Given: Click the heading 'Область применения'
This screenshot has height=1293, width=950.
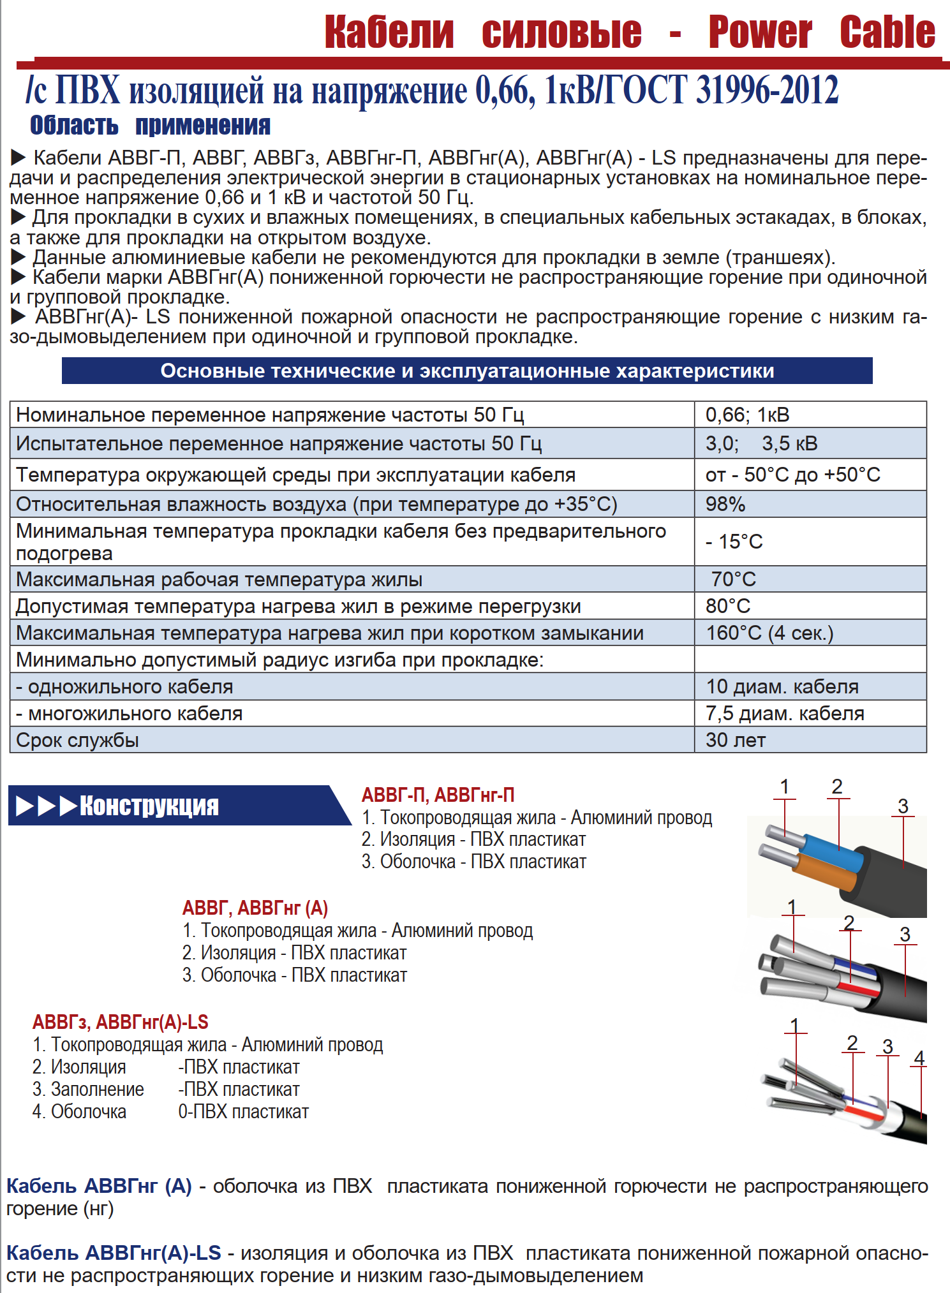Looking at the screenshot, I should coord(150,126).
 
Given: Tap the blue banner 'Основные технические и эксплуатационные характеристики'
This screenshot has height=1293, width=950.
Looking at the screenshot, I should coord(467,371).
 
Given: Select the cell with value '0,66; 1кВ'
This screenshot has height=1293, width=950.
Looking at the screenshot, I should coord(747,415).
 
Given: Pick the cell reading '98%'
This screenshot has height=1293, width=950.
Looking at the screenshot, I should coord(725,504).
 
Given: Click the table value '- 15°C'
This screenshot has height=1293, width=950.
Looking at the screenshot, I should coord(734,542).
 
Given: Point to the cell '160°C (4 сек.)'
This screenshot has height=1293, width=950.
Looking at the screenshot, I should coord(769,633).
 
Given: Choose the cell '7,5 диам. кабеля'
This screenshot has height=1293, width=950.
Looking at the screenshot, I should coord(785,713).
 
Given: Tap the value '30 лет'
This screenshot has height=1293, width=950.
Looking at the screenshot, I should coord(736,740).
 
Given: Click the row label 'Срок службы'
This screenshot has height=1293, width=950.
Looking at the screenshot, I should coord(77,740).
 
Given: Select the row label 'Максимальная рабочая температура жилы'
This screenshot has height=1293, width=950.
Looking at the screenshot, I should coord(219,579).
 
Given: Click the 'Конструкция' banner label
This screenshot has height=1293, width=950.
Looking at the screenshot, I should coord(149,806).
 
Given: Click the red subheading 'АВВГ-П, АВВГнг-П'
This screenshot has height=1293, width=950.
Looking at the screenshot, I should coord(438,795).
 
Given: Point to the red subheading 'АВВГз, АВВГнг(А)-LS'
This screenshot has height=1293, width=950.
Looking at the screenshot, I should coord(121,1022).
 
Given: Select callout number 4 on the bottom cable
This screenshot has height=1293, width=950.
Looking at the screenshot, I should coord(919,1058).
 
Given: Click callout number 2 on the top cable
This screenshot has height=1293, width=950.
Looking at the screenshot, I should coord(837,787).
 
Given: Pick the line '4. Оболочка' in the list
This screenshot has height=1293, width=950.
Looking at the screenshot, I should coord(79,1112).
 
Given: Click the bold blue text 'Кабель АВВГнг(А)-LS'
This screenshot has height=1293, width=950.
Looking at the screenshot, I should coord(114,1253).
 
